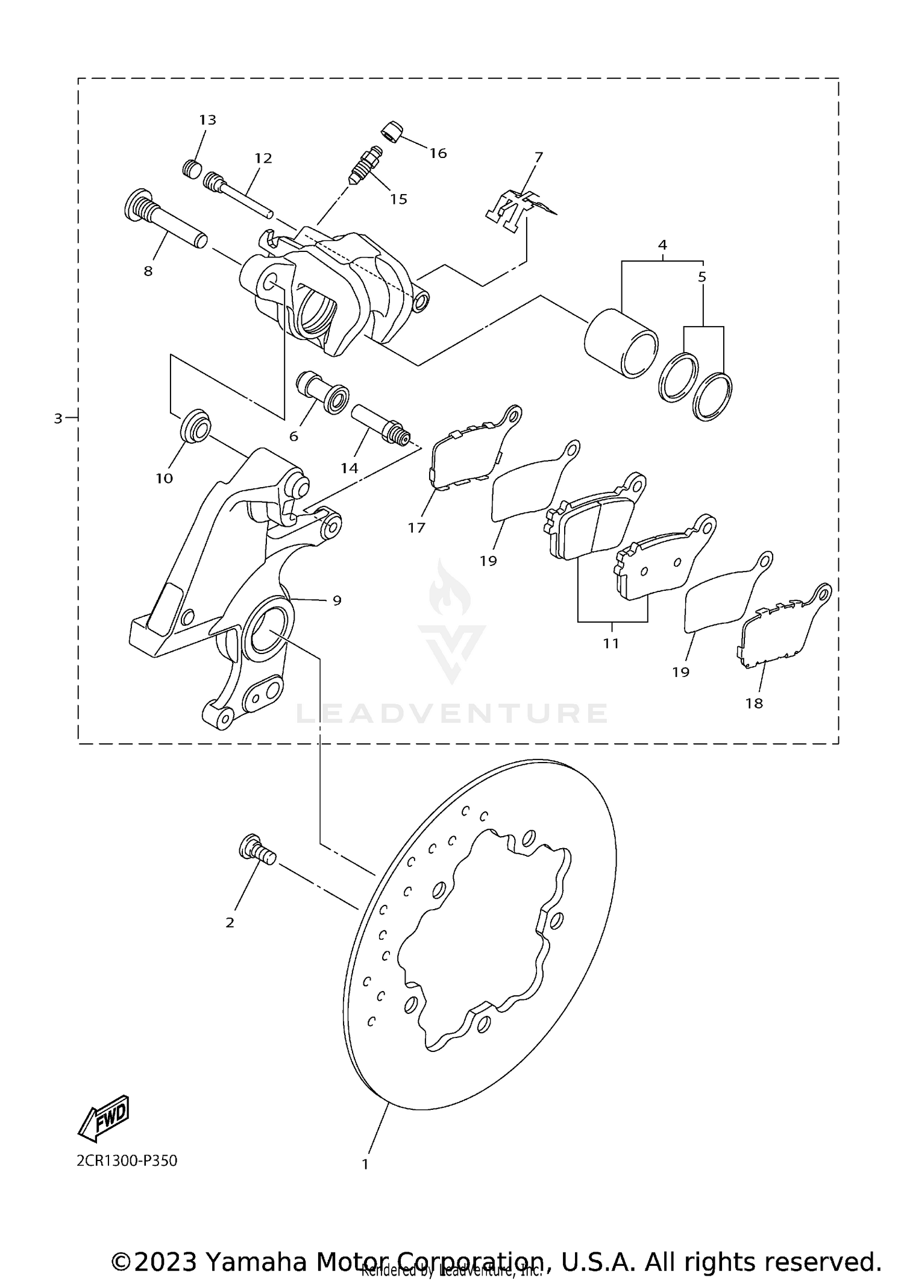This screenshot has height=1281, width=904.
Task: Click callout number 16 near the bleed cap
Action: (x=438, y=153)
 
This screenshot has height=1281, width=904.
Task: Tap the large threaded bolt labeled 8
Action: (x=164, y=222)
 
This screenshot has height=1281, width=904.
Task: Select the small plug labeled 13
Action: (x=192, y=168)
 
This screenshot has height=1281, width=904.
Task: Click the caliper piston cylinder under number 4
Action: (x=621, y=344)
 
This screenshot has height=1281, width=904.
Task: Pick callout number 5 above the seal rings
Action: (x=702, y=277)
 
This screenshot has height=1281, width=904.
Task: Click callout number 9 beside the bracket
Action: (x=337, y=600)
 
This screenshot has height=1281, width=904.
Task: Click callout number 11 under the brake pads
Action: (x=611, y=643)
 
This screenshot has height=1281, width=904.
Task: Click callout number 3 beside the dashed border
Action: (x=58, y=418)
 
